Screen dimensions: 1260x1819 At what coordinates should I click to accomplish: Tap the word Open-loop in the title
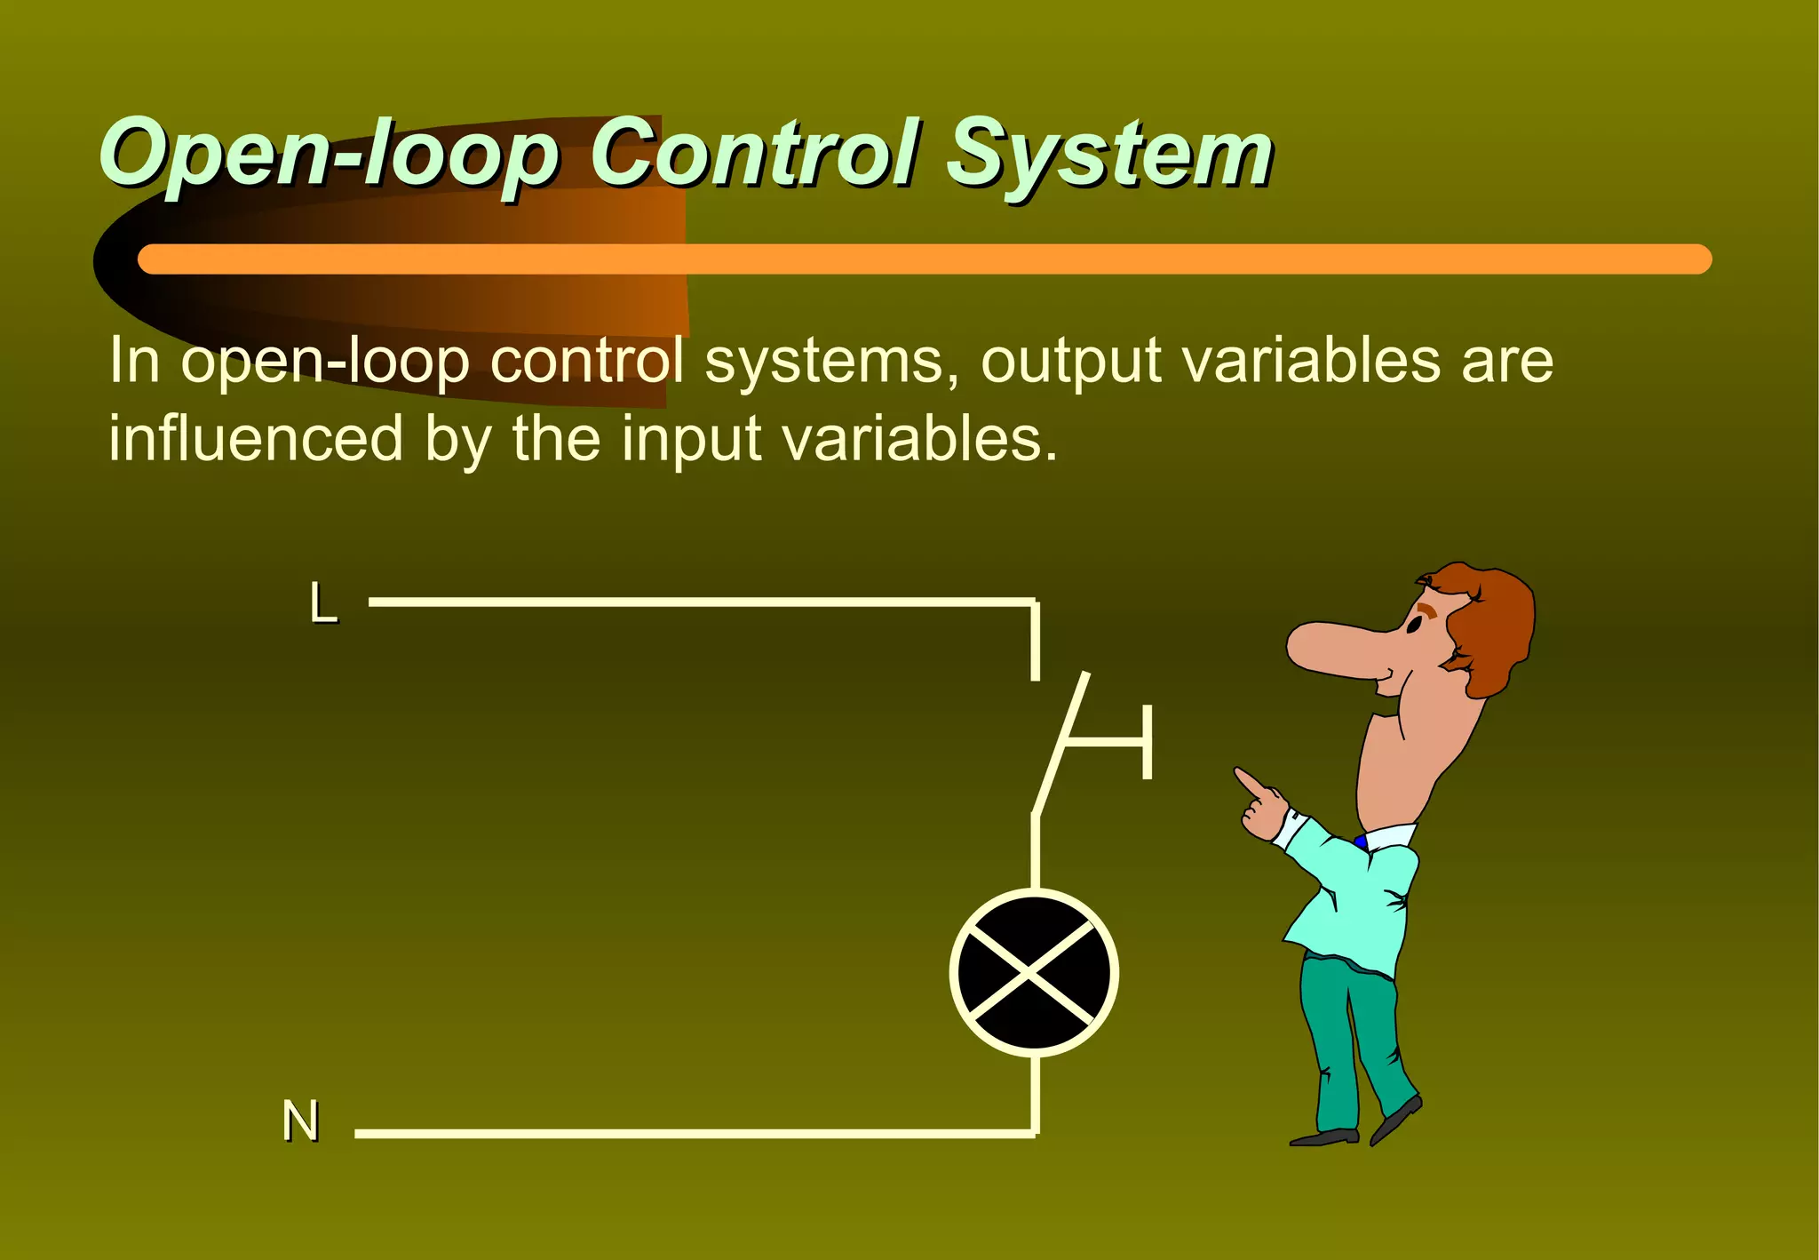329,156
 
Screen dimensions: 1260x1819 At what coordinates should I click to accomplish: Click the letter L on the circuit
323,603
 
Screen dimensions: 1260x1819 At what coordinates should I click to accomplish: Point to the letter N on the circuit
300,1120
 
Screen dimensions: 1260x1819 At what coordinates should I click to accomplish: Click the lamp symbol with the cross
1034,973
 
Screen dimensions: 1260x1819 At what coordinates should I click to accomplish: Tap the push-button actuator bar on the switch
1146,741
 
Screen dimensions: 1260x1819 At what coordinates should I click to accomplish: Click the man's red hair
1492,622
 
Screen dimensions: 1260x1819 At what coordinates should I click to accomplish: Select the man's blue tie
1361,841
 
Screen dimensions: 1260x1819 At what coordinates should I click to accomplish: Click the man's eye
1413,624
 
